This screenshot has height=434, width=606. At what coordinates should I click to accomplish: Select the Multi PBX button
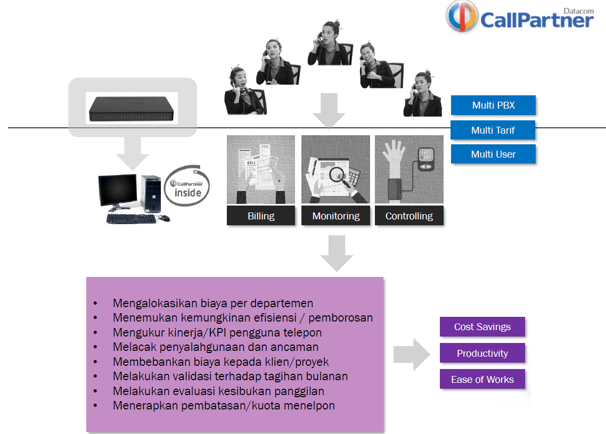pyautogui.click(x=493, y=105)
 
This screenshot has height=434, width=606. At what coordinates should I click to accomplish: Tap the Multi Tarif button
pyautogui.click(x=493, y=130)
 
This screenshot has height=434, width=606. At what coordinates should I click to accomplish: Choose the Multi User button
pyautogui.click(x=493, y=154)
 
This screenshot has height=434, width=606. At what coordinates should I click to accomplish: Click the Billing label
pyautogui.click(x=261, y=216)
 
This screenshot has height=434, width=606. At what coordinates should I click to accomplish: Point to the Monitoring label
pyautogui.click(x=335, y=216)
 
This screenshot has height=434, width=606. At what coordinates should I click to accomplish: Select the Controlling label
pyautogui.click(x=409, y=216)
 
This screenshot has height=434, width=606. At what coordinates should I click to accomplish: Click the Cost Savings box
pyautogui.click(x=482, y=327)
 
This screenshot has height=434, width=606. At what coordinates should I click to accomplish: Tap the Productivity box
pyautogui.click(x=482, y=354)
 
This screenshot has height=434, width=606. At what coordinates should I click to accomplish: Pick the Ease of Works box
pyautogui.click(x=482, y=380)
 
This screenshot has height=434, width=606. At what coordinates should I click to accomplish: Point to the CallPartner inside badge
pyautogui.click(x=187, y=186)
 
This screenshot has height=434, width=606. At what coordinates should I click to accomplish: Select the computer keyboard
pyautogui.click(x=131, y=218)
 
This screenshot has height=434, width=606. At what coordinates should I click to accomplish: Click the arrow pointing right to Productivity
pyautogui.click(x=411, y=354)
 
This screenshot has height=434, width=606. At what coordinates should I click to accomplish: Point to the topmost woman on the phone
pyautogui.click(x=329, y=43)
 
